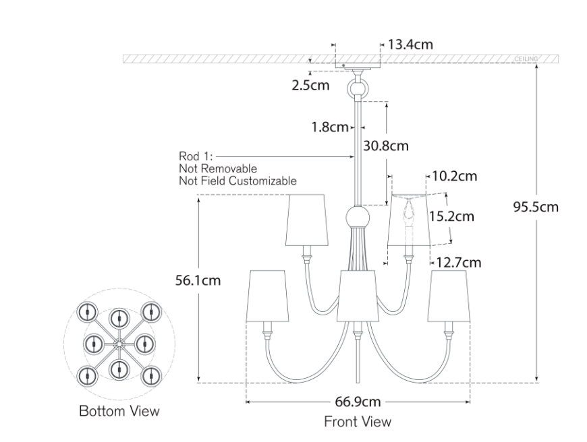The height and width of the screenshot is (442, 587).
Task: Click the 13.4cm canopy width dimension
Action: point(410,44)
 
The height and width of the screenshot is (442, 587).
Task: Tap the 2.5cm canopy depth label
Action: point(311,86)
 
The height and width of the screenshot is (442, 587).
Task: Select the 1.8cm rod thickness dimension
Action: point(330,127)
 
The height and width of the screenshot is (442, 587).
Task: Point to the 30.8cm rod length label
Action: point(386,146)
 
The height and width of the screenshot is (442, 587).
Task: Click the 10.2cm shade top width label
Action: point(455,176)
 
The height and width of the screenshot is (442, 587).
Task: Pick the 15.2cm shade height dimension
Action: point(451,216)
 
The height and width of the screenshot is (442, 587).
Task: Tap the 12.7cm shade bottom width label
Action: point(459,263)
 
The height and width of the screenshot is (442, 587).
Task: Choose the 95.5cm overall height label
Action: point(536,207)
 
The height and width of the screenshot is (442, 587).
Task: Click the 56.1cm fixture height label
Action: point(198,280)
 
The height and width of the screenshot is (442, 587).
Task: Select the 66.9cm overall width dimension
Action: point(358,402)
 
